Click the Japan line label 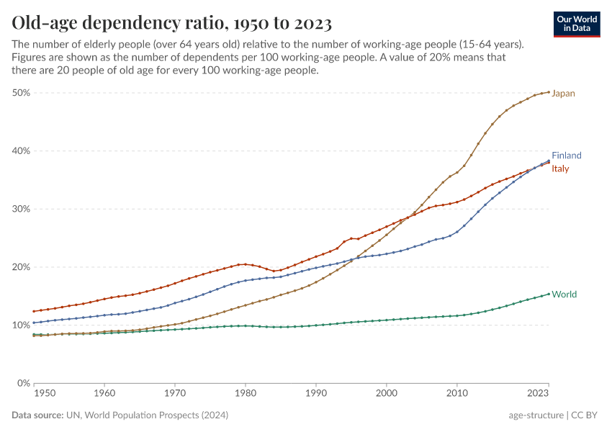pyautogui.click(x=563, y=94)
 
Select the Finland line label pyautogui.click(x=566, y=156)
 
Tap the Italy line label pyautogui.click(x=560, y=169)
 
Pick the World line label pyautogui.click(x=564, y=294)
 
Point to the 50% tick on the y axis pyautogui.click(x=21, y=93)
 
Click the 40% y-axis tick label pyautogui.click(x=21, y=151)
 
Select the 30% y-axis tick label pyautogui.click(x=21, y=209)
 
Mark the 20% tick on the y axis pyautogui.click(x=21, y=267)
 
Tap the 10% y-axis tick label pyautogui.click(x=21, y=325)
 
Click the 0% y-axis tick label pyautogui.click(x=24, y=383)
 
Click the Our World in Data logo pyautogui.click(x=577, y=24)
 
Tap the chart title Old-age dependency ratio pyautogui.click(x=171, y=24)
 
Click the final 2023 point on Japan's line pyautogui.click(x=549, y=92)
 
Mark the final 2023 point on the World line pyautogui.click(x=549, y=293)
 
